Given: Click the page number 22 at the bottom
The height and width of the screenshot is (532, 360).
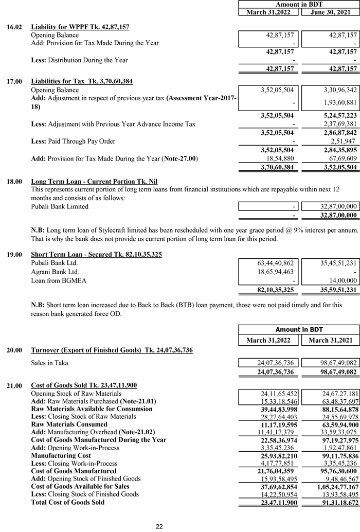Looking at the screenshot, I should coord(159,526).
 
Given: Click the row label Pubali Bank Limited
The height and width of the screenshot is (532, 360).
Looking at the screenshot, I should coord(60,206).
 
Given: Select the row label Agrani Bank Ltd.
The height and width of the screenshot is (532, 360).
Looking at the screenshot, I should coord(55,272).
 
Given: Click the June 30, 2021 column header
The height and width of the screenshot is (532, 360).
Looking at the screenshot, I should coord(330,12).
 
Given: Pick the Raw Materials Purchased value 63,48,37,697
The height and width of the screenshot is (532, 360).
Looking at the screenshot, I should coord(336,401).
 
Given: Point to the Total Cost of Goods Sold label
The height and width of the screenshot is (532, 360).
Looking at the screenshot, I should coord(67,502).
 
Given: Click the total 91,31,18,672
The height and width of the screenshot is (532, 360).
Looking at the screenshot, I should coord(335,502).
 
